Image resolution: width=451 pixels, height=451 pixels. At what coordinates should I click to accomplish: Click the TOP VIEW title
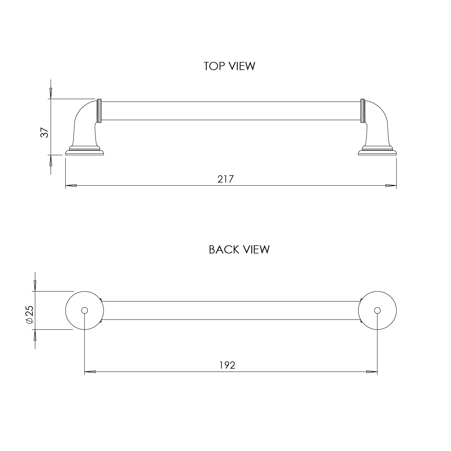tap(229, 66)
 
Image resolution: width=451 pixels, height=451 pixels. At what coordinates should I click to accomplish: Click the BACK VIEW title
tap(239, 250)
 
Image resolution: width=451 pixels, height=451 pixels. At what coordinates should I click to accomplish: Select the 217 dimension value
tap(226, 179)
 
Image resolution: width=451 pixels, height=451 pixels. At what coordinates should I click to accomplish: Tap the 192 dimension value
tap(227, 365)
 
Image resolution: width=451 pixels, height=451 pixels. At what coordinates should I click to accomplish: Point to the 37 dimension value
tap(44, 133)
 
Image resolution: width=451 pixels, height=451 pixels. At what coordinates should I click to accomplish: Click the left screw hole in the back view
tap(84, 310)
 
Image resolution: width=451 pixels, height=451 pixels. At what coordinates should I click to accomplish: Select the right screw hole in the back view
tap(377, 310)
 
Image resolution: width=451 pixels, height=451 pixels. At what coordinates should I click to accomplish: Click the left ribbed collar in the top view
tap(99, 110)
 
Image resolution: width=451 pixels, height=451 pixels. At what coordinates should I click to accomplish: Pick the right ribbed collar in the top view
tap(363, 110)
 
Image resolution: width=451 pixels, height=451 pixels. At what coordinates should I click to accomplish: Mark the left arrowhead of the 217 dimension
tap(71, 186)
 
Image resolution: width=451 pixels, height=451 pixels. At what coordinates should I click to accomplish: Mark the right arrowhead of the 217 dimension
tap(391, 186)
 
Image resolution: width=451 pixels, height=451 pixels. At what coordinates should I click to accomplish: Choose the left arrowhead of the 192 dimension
tap(90, 372)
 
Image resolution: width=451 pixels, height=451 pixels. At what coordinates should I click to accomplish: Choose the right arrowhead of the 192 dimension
tap(372, 372)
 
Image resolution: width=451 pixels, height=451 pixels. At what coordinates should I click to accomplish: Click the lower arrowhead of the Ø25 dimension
tap(35, 335)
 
